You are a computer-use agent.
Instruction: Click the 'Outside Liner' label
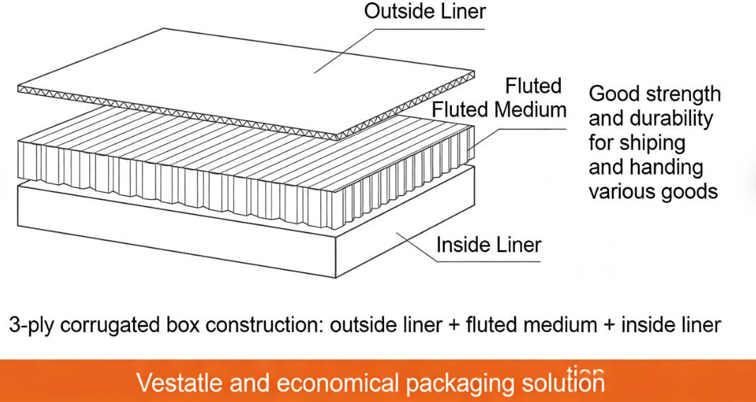coord(424,12)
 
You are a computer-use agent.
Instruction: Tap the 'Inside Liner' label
coord(489,245)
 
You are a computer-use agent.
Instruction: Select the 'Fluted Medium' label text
coord(499,110)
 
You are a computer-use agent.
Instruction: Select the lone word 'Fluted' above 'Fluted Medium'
coord(533,86)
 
